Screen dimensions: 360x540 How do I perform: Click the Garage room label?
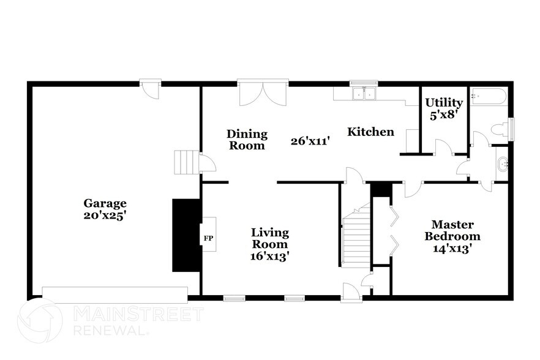(x=105, y=203)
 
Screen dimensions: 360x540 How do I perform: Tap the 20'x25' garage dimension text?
(x=105, y=215)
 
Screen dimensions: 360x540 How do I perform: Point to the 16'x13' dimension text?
(x=270, y=257)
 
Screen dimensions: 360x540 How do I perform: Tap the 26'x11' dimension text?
(x=311, y=141)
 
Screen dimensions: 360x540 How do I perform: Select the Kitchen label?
(x=371, y=132)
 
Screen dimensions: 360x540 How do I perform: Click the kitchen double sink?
(x=366, y=94)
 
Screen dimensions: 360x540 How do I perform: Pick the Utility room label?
(x=444, y=102)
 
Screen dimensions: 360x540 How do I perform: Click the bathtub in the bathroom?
(x=489, y=97)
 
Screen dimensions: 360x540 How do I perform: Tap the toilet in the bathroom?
(x=501, y=129)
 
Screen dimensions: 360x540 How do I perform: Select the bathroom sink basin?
(x=502, y=163)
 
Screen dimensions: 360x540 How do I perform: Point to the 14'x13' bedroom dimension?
(x=452, y=249)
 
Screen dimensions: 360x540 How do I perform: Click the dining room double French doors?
(x=263, y=95)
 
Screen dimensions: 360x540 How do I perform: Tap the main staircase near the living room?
(x=356, y=236)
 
